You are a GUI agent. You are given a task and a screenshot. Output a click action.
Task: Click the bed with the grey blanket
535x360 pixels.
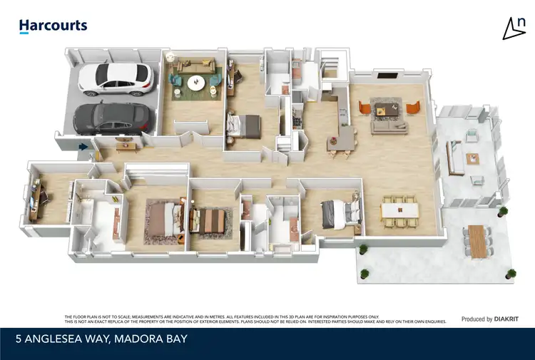tap(339, 212)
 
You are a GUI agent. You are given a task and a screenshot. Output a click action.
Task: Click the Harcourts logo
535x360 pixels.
tap(53, 26)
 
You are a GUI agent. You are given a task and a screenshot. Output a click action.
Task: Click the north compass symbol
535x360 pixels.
tap(513, 28)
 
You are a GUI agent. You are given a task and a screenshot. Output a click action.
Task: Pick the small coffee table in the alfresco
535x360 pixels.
tap(472, 158)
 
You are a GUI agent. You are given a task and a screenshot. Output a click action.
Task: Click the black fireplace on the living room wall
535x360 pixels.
tap(387, 75)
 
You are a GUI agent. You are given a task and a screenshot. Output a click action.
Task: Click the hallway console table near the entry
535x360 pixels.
tap(125, 146)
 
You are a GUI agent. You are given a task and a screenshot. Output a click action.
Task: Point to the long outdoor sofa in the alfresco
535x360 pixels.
tap(452, 155)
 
